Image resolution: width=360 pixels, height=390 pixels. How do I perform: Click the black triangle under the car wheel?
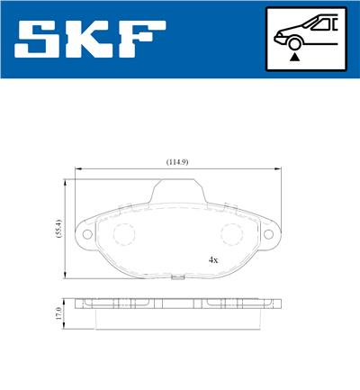(293, 56)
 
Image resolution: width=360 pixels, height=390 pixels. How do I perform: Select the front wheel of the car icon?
(293, 42)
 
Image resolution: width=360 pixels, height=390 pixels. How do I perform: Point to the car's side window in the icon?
(321, 25)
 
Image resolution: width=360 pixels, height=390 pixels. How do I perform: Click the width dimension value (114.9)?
(176, 162)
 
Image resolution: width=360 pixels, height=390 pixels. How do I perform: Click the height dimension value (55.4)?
(56, 228)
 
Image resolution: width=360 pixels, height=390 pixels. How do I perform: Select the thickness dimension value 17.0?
(57, 313)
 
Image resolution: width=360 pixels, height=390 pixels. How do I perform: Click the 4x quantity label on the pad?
(213, 259)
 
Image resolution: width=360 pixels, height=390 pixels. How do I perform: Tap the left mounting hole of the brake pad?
(88, 236)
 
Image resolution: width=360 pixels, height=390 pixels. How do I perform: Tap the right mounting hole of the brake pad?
(267, 236)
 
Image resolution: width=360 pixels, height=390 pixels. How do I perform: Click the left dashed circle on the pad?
(123, 235)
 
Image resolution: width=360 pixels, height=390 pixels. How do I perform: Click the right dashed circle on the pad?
(231, 235)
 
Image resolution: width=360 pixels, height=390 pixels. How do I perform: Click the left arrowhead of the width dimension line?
(78, 168)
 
